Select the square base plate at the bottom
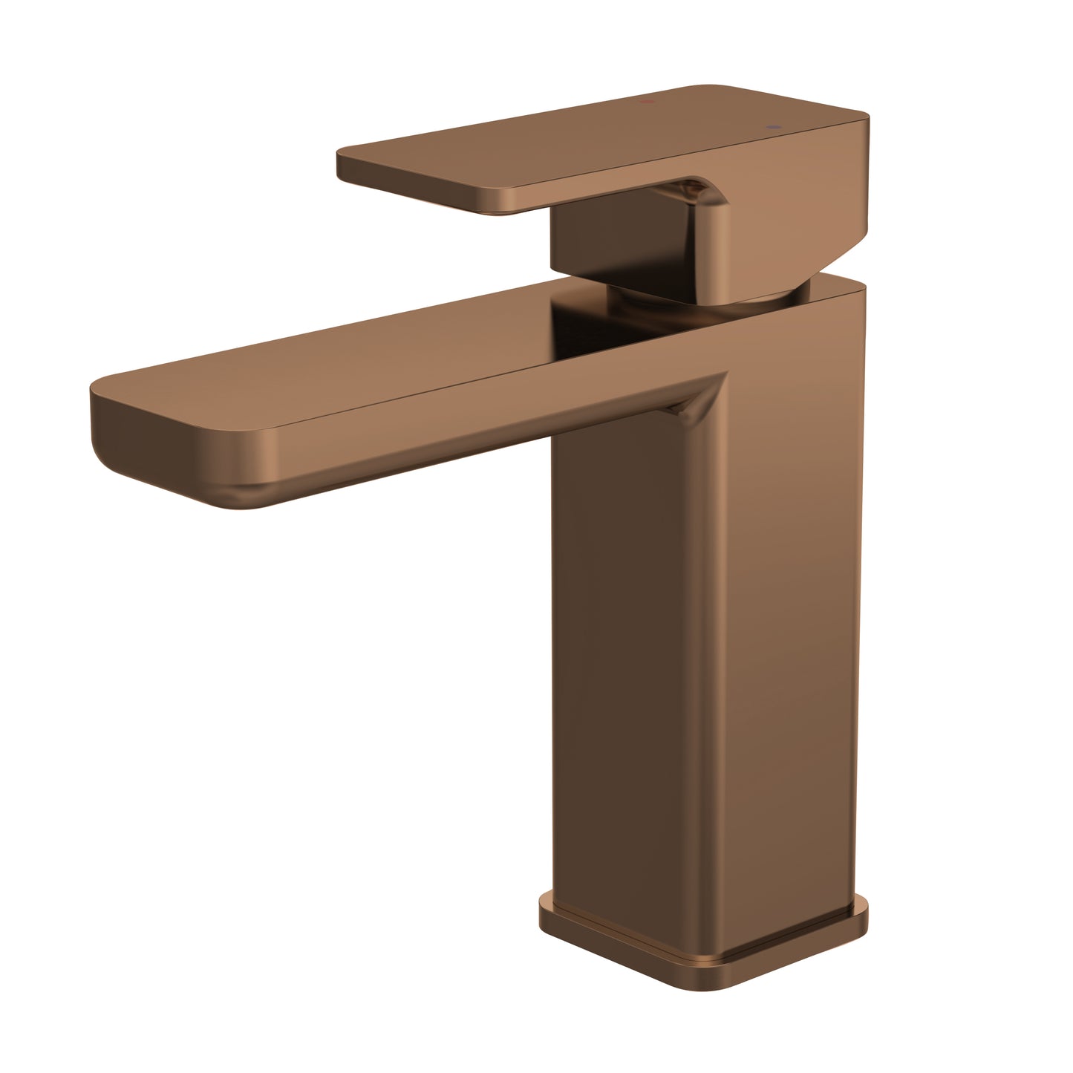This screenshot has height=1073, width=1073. [x=698, y=943]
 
